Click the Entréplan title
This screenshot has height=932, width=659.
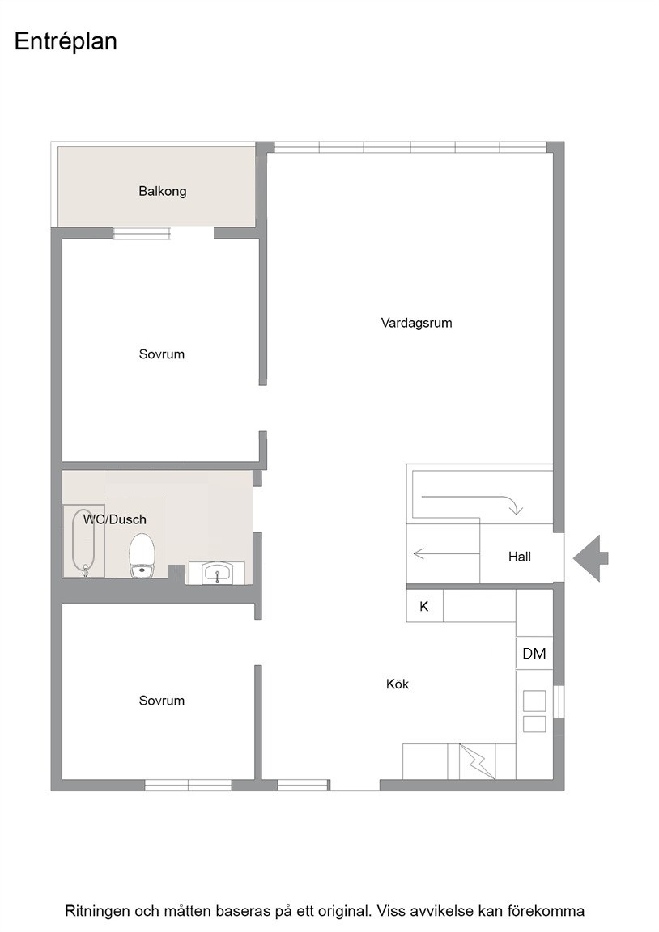(x=66, y=41)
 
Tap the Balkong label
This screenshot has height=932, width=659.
(x=163, y=191)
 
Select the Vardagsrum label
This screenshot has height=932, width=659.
(x=416, y=323)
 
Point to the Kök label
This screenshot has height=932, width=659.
(x=398, y=684)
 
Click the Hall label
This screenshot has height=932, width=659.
(x=519, y=557)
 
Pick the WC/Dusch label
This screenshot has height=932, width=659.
(x=115, y=519)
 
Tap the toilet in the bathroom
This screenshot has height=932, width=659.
(x=142, y=555)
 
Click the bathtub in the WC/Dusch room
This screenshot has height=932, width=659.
(x=84, y=541)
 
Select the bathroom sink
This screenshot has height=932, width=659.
(x=216, y=573)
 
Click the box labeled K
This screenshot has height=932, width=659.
(x=424, y=606)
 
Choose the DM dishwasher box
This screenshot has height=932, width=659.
(x=534, y=653)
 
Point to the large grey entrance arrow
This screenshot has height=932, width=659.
(x=591, y=558)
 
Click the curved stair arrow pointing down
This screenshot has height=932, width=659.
(x=470, y=502)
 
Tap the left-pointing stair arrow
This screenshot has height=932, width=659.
(x=446, y=553)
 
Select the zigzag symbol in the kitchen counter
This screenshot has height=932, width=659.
(x=478, y=761)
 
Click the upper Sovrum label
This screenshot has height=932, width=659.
(x=162, y=354)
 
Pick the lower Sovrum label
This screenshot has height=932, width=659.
(x=162, y=700)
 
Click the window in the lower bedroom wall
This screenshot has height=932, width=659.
(x=188, y=786)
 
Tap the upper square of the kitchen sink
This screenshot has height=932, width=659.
(x=534, y=701)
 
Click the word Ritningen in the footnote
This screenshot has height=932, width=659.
(x=97, y=911)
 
